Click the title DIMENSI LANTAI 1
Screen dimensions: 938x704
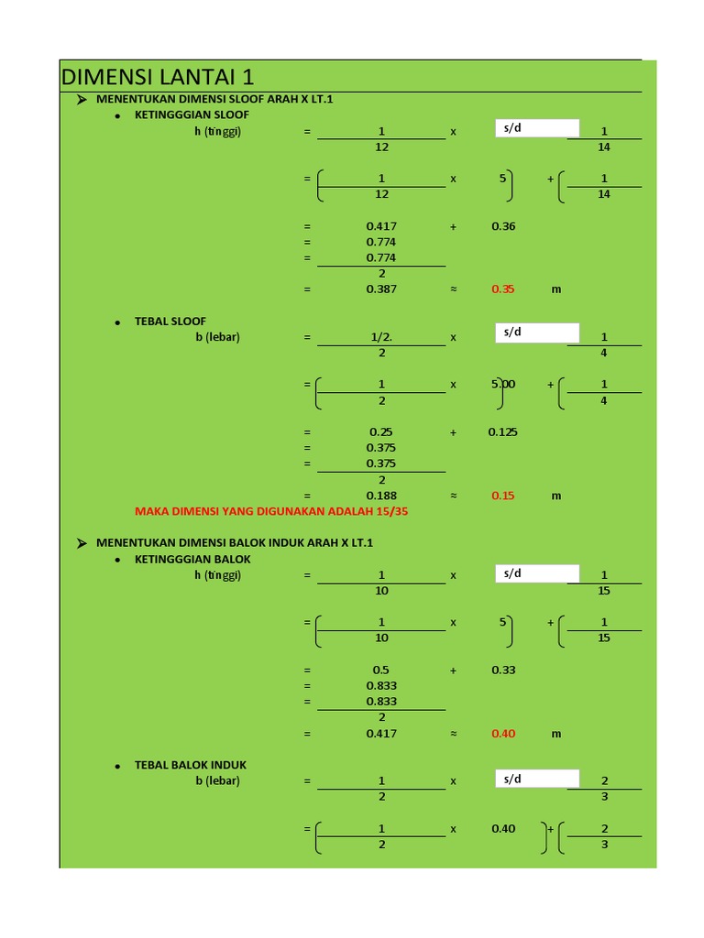click(157, 77)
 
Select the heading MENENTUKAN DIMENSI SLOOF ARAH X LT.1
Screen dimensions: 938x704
click(214, 99)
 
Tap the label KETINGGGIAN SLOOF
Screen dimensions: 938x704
click(192, 115)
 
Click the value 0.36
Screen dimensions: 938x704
click(503, 226)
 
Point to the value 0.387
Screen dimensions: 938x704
click(381, 289)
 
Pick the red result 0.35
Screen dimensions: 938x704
click(503, 289)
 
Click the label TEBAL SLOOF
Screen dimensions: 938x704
click(170, 321)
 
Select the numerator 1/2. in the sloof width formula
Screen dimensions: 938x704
click(381, 336)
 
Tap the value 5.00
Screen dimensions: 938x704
click(503, 384)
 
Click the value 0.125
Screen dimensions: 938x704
click(503, 431)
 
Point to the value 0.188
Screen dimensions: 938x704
click(381, 496)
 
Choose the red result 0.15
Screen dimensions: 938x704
click(503, 496)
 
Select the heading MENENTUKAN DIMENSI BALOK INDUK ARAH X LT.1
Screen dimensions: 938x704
click(235, 543)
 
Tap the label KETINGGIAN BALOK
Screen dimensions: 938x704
click(192, 559)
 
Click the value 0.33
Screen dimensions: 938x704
click(503, 670)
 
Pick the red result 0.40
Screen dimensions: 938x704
click(503, 734)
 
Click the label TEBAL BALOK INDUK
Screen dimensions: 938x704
click(191, 765)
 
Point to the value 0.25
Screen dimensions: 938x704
click(381, 431)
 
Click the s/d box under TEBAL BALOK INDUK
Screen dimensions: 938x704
click(536, 779)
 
